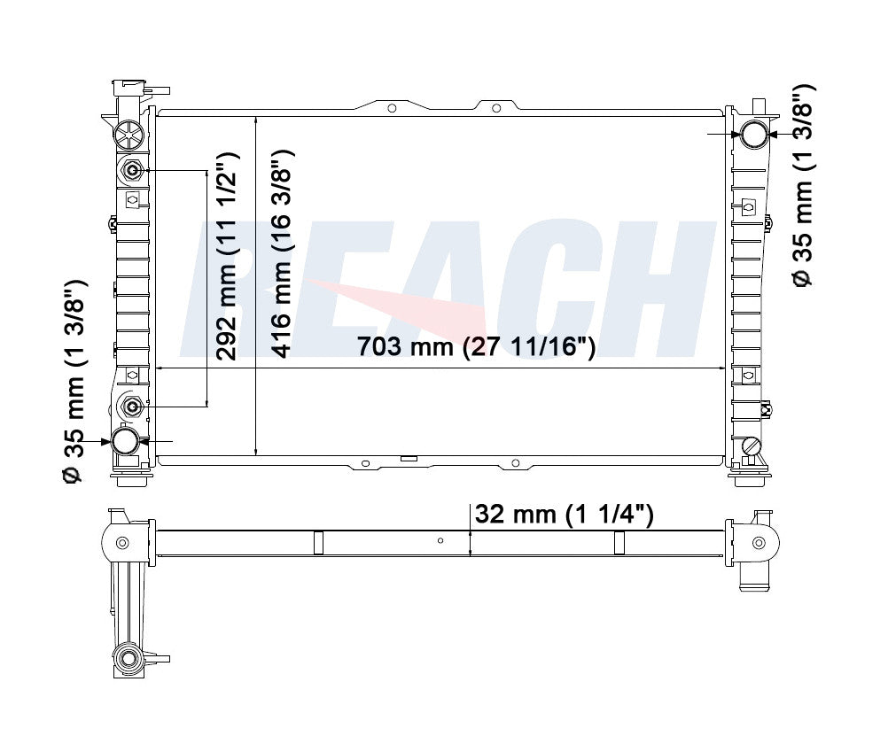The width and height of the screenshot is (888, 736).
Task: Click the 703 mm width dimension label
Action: (x=476, y=346)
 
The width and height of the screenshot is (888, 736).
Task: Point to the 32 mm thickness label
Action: (x=564, y=515)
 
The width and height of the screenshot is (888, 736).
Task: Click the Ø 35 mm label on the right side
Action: (x=804, y=186)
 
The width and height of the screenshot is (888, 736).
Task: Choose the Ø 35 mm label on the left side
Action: (x=74, y=381)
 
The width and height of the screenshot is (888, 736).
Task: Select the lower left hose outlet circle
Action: (x=125, y=441)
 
